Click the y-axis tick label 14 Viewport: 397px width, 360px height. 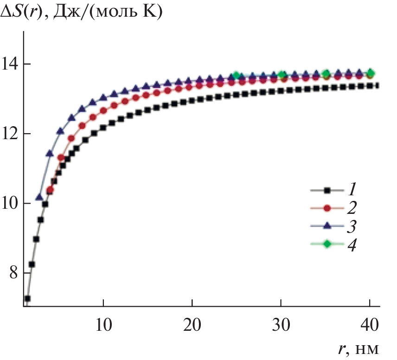tap(12, 64)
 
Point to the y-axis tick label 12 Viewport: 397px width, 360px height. tap(12, 134)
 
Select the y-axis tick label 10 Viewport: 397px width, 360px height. tap(12, 204)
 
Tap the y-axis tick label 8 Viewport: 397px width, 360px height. tap(16, 273)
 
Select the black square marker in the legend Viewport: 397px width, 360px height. tap(327, 190)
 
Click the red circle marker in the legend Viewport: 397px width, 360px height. tap(327, 208)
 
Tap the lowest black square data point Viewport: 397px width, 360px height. tap(27, 298)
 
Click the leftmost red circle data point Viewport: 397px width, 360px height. tap(50, 190)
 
